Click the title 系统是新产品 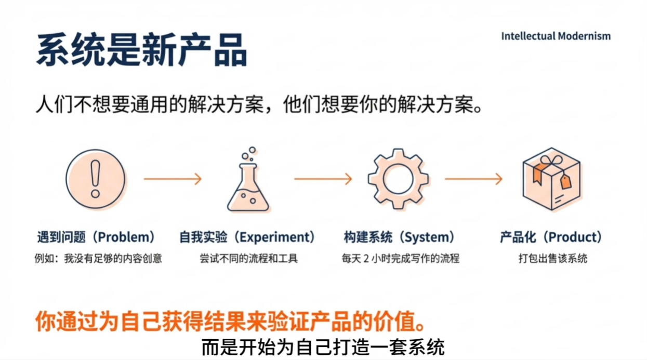[141, 51]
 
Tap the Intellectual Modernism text [556, 36]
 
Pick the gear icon [398, 179]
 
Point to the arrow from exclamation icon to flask [172, 179]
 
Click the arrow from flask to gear [323, 179]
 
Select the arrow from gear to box [473, 179]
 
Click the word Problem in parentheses [126, 237]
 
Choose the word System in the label [426, 237]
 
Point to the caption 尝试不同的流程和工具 [248, 258]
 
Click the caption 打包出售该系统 [552, 258]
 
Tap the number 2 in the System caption [373, 258]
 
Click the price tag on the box [565, 181]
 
